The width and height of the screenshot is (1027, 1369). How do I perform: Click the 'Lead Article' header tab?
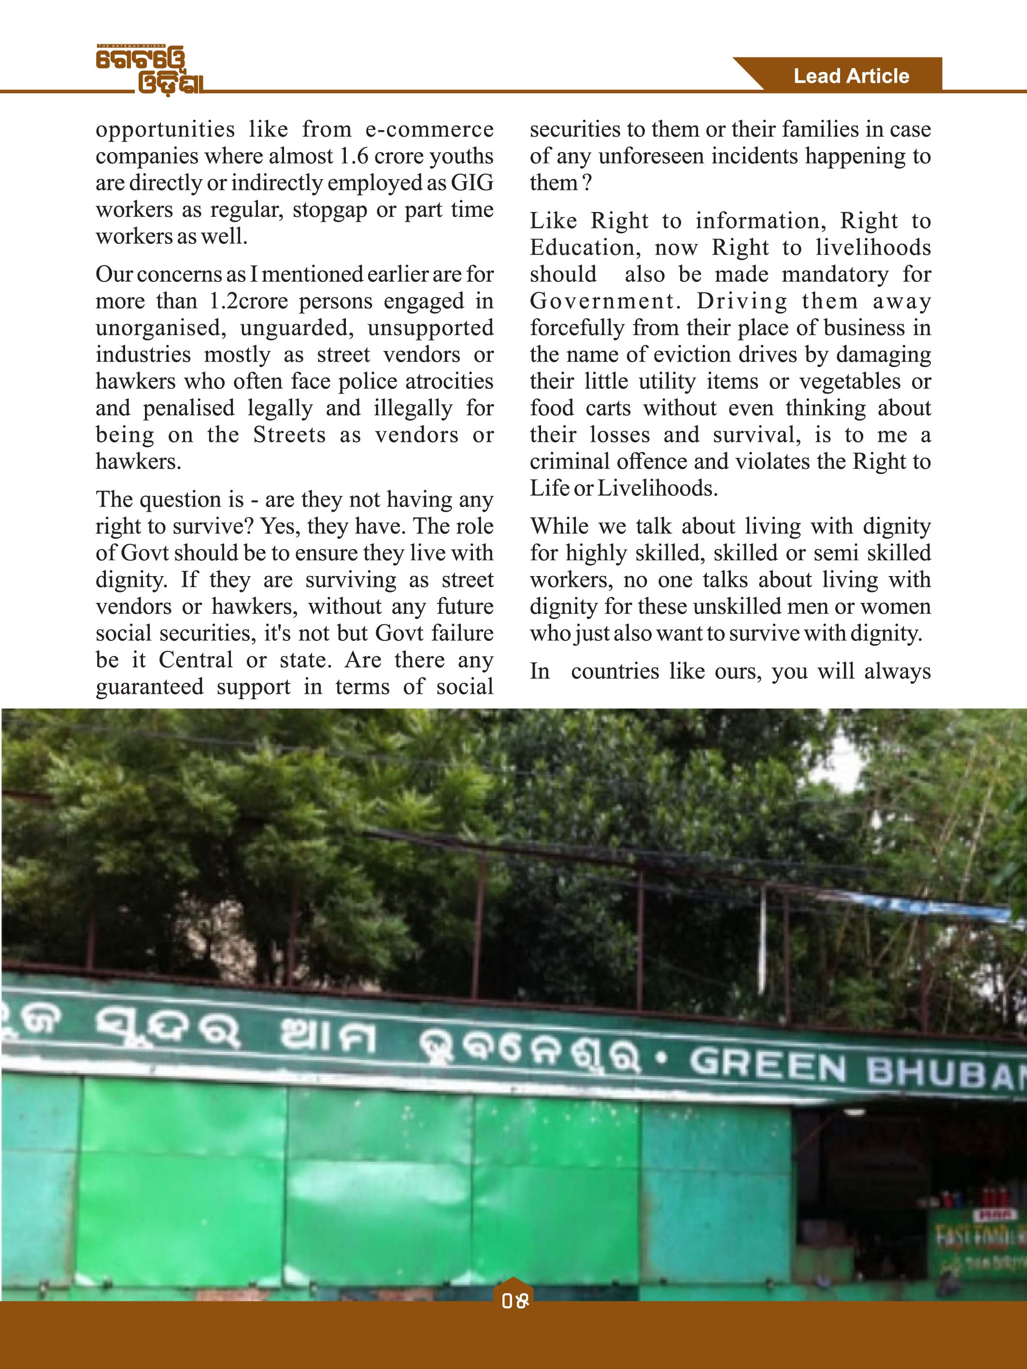[x=851, y=76]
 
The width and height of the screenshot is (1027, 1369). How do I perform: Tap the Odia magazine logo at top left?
[x=149, y=70]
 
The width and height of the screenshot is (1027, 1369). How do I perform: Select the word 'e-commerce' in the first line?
[x=429, y=129]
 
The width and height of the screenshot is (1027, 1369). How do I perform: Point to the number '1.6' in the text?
[x=354, y=156]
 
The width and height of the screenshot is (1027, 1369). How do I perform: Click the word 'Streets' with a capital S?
[x=289, y=435]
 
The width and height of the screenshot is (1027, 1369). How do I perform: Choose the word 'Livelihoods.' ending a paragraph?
[x=657, y=488]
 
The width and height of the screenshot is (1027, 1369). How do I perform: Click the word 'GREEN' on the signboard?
[x=768, y=1064]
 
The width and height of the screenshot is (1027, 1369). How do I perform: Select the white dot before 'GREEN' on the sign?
[x=662, y=1059]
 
